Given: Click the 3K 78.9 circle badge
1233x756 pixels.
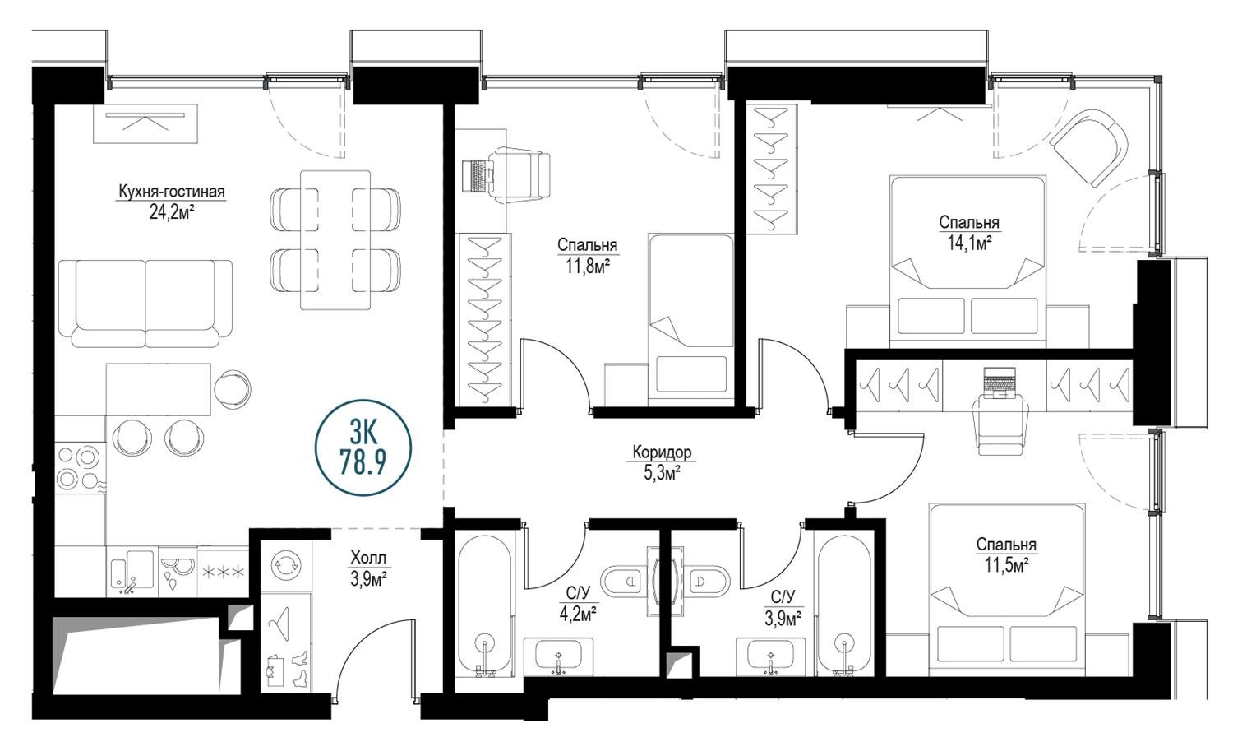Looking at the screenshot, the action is (363, 448).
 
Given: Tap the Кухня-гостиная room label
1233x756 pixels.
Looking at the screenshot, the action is (172, 192).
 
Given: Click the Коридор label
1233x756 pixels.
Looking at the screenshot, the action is (662, 452).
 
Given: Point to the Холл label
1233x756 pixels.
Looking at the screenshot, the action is (368, 559).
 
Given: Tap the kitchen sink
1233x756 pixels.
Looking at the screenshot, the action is (132, 571).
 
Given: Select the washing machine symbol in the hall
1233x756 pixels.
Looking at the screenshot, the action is (285, 565).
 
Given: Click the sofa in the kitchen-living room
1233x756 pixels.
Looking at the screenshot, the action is (145, 303).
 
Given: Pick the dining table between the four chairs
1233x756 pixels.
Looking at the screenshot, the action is (335, 239).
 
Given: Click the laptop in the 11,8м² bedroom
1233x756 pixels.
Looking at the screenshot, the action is (476, 176).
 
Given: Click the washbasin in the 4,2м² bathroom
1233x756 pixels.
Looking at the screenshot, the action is (559, 656).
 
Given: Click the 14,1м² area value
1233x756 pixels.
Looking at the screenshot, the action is (969, 243).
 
